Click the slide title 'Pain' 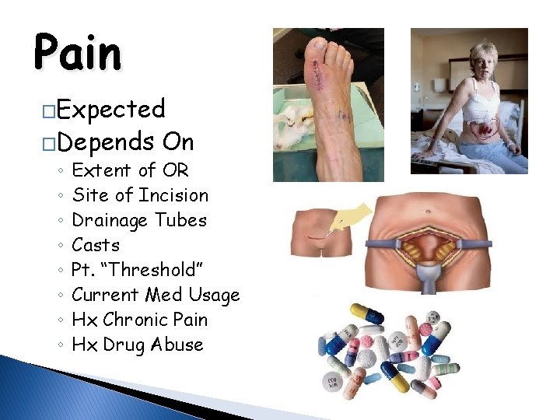pos(78,54)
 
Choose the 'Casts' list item pos(96,245)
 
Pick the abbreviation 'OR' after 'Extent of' pos(176,170)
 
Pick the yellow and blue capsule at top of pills pos(367,314)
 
